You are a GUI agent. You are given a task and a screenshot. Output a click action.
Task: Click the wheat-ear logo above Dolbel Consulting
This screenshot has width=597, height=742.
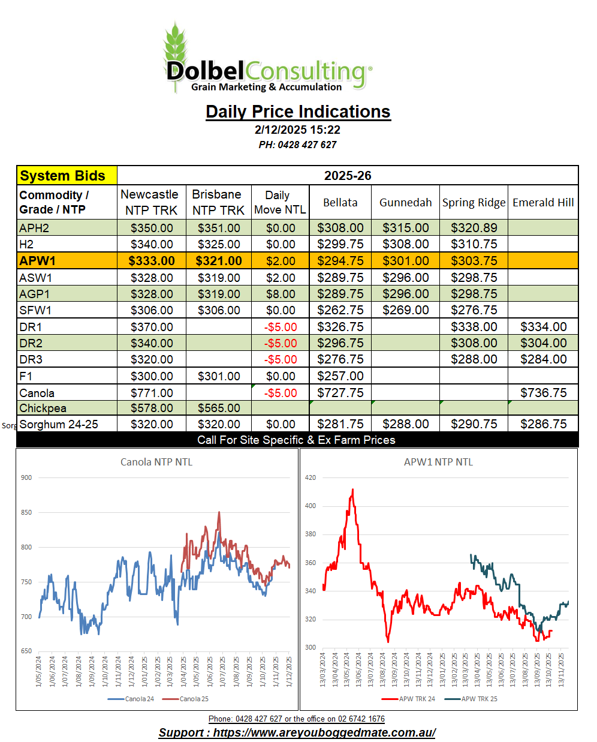click(x=176, y=45)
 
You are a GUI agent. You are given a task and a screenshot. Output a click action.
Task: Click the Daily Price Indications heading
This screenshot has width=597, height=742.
click(x=298, y=112)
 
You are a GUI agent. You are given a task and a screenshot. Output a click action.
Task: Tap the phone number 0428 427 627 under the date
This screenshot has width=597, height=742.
click(x=298, y=145)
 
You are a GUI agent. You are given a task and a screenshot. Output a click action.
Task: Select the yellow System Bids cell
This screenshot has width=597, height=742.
click(x=67, y=176)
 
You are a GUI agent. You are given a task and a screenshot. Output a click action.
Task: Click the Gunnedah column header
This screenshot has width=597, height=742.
click(x=405, y=203)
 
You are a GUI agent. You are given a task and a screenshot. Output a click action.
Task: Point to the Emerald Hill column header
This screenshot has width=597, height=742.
click(x=543, y=203)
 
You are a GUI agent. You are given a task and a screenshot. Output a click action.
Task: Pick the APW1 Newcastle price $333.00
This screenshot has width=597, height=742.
click(x=152, y=261)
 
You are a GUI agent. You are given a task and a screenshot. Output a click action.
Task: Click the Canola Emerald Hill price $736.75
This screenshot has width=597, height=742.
click(x=543, y=393)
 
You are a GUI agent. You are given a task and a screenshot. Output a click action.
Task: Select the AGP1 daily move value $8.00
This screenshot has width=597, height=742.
click(x=281, y=294)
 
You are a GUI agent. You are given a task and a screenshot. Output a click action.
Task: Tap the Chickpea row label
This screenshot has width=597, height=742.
click(x=43, y=408)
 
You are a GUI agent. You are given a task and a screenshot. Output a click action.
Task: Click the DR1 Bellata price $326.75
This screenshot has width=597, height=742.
click(x=340, y=327)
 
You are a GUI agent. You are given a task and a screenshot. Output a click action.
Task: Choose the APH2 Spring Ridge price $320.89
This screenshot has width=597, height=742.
click(x=474, y=228)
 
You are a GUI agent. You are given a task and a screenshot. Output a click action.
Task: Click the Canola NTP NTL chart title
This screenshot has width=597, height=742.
click(x=156, y=462)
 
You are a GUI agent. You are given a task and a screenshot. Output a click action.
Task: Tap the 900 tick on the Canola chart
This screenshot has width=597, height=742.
click(x=26, y=477)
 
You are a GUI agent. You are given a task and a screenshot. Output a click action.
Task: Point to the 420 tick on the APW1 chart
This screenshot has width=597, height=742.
click(x=310, y=477)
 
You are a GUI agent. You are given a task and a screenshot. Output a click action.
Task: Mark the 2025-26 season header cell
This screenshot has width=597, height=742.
click(x=348, y=176)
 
